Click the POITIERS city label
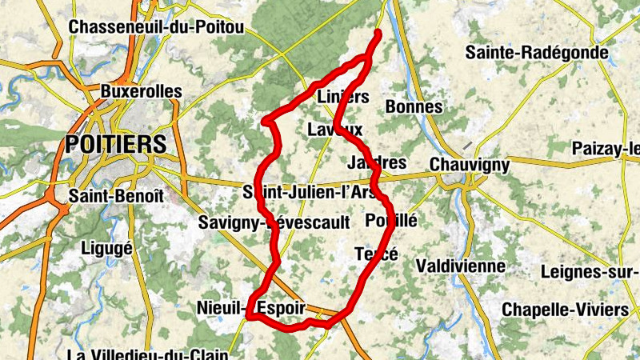(x=117, y=144)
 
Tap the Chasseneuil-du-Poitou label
(x=156, y=27)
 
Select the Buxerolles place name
(x=142, y=92)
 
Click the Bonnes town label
(x=414, y=106)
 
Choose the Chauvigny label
(x=470, y=164)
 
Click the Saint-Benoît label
(x=116, y=195)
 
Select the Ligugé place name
(x=106, y=247)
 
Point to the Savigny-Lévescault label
(x=274, y=223)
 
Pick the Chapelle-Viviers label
(x=566, y=309)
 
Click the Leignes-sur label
(x=590, y=271)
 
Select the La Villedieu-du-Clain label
(x=148, y=354)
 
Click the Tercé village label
(x=376, y=254)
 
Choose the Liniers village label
(x=343, y=97)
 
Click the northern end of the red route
(x=378, y=33)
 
